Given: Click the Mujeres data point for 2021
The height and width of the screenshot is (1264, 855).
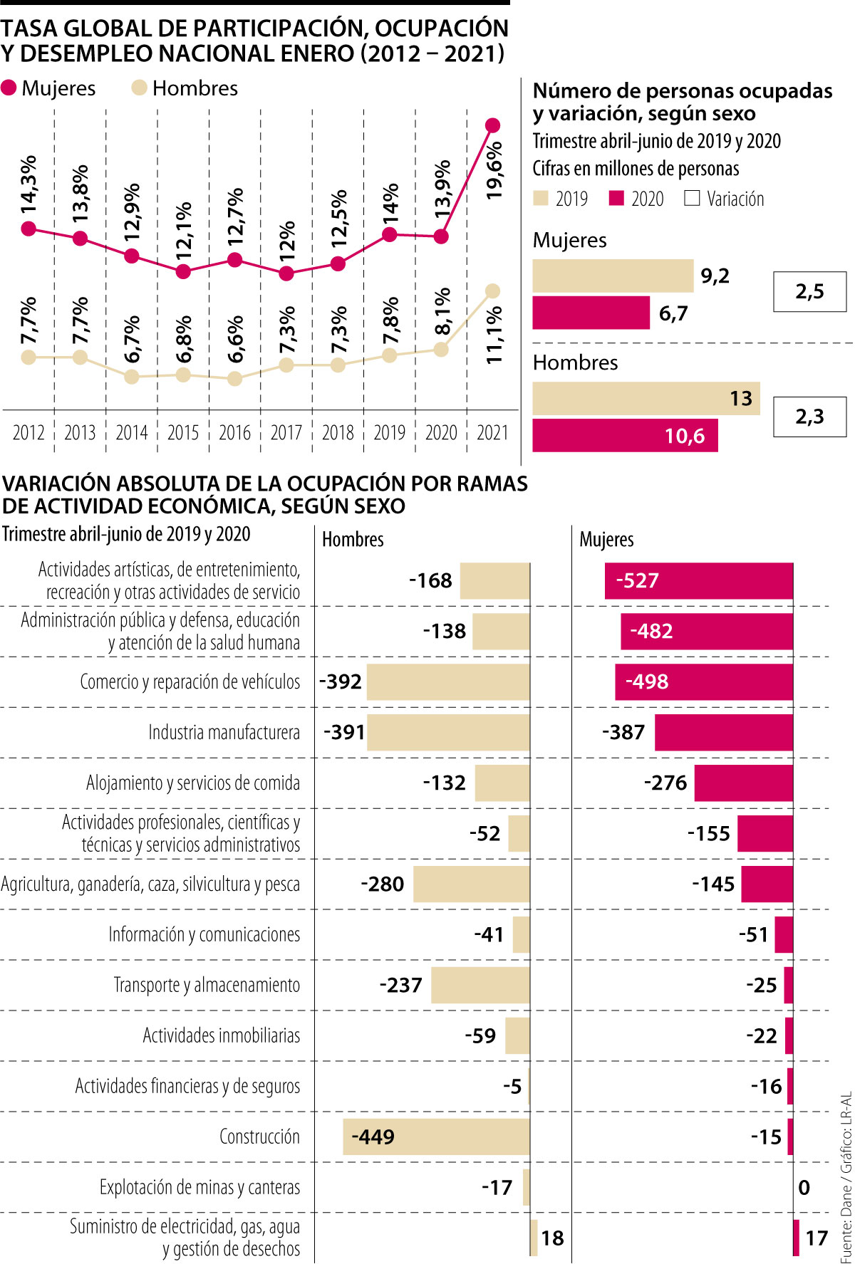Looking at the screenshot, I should (492, 125).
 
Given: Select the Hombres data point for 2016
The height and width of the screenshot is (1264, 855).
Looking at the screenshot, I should (234, 379).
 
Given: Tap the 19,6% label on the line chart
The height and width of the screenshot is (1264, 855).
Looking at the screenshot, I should (494, 169).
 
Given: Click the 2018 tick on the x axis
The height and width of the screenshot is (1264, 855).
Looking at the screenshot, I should (338, 432).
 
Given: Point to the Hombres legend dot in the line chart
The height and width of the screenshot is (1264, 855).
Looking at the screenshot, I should (139, 88).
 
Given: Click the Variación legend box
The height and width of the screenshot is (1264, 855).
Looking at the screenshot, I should (692, 198).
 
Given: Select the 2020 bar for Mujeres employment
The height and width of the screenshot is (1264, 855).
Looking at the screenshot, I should (591, 313).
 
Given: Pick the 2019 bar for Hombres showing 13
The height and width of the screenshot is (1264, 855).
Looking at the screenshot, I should (646, 398).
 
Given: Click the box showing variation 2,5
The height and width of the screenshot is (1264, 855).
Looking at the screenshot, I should (809, 291).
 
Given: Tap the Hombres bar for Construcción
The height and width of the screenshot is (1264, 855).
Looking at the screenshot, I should (436, 1137).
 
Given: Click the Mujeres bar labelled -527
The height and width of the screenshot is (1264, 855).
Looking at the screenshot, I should (698, 581).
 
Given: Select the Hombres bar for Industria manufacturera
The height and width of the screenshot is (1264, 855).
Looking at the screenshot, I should (448, 732).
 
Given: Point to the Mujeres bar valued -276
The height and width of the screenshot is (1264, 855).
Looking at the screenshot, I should (743, 783).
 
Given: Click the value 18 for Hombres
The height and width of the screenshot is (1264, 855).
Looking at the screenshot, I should (552, 1238).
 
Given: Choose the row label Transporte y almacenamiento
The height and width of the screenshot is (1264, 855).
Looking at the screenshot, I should (207, 985).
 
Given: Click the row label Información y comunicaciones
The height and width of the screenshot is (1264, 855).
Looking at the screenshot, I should (204, 934).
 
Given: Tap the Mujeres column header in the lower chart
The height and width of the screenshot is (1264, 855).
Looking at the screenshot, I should (606, 540).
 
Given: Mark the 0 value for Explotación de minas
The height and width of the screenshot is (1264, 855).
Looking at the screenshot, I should (804, 1187).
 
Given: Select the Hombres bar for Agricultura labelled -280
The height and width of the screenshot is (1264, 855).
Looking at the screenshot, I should (471, 884).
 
